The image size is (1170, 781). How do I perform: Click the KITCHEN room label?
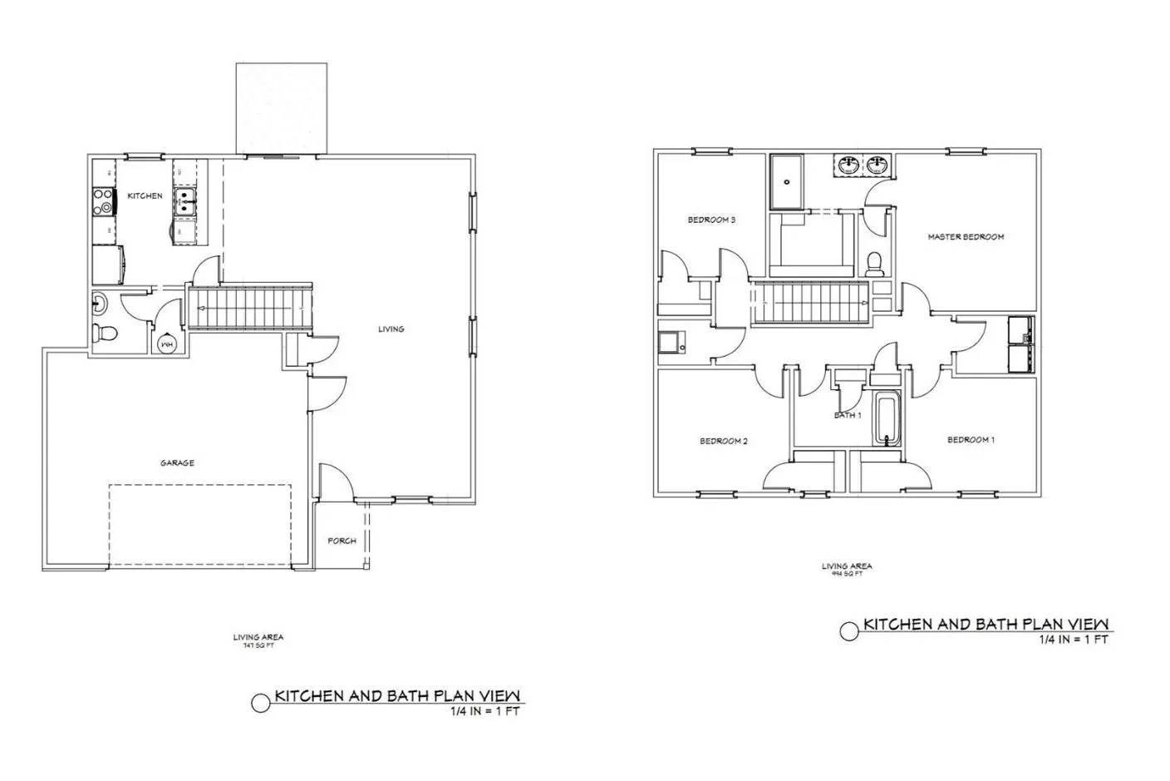pyautogui.click(x=145, y=196)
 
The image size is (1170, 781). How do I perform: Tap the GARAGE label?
pyautogui.click(x=177, y=463)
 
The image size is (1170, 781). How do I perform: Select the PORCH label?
pyautogui.click(x=342, y=541)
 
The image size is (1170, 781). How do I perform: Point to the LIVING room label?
pyautogui.click(x=391, y=329)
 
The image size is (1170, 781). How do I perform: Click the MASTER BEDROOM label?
pyautogui.click(x=966, y=237)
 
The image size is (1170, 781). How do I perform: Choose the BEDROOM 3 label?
pyautogui.click(x=711, y=220)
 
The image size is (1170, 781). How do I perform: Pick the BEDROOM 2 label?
pyautogui.click(x=724, y=442)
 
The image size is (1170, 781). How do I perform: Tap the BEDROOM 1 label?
pyautogui.click(x=971, y=440)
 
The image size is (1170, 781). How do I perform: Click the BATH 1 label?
pyautogui.click(x=848, y=415)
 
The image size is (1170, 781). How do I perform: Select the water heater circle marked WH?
pyautogui.click(x=167, y=343)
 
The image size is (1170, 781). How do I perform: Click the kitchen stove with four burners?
pyautogui.click(x=104, y=199)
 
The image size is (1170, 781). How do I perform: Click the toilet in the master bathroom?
pyautogui.click(x=873, y=264)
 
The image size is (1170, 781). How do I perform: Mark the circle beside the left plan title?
pyautogui.click(x=261, y=704)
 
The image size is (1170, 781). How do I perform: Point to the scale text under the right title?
pyautogui.click(x=1073, y=640)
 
